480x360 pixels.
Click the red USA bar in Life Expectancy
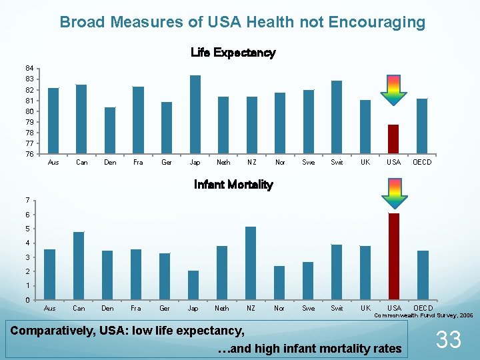click(393, 139)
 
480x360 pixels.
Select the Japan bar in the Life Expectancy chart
click(195, 114)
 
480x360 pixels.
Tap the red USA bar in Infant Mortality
click(394, 256)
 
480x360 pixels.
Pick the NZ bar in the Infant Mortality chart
click(251, 263)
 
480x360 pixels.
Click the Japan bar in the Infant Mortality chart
click(193, 285)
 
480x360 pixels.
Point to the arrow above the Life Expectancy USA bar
click(393, 90)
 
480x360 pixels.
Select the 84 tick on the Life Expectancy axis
click(29, 68)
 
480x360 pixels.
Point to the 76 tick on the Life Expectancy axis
click(29, 154)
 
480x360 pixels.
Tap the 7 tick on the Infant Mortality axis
click(26, 200)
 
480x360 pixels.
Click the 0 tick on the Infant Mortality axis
click(26, 300)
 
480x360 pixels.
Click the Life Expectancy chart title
click(233, 53)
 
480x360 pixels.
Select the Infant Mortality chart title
click(233, 185)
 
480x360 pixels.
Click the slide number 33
click(448, 340)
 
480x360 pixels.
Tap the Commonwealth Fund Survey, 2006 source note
click(423, 315)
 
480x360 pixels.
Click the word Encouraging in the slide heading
click(377, 22)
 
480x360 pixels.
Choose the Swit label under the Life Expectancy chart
click(337, 163)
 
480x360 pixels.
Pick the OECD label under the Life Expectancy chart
click(422, 163)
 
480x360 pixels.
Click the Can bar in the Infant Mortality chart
click(79, 265)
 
